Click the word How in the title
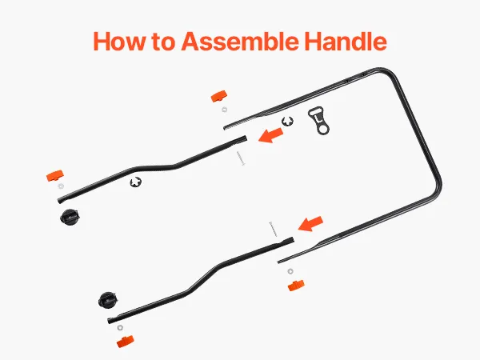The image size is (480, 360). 118,41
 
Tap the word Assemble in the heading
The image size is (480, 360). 240,41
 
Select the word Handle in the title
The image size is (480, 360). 346,41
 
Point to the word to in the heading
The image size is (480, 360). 163,42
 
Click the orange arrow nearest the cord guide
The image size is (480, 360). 270,135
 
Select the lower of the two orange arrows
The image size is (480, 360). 310,224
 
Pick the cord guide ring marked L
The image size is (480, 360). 318,121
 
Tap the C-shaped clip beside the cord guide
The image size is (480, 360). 287,122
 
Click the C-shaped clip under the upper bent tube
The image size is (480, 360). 136,182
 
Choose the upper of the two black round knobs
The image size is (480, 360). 70,217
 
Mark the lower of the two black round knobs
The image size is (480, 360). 108,299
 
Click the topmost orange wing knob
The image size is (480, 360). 219,97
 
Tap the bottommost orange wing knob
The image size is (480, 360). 126,342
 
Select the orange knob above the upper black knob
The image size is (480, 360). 55,176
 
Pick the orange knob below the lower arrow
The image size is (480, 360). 296,286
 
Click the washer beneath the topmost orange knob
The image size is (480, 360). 224,110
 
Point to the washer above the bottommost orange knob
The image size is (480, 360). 120,328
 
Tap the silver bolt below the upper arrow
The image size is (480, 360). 241,158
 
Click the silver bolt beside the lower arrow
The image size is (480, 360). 273,230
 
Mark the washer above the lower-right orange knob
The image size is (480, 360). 290,271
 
